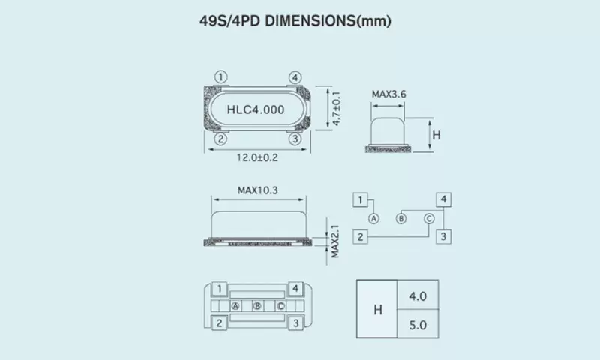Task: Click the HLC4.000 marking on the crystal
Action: [256, 109]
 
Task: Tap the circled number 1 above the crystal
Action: [220, 77]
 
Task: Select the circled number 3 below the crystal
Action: [295, 139]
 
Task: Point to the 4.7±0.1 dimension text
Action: [336, 109]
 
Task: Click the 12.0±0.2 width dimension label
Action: [257, 157]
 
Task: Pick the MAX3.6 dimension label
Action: [388, 94]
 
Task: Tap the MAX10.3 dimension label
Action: [257, 190]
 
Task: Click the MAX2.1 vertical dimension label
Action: [334, 241]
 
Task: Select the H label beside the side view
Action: [436, 135]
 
